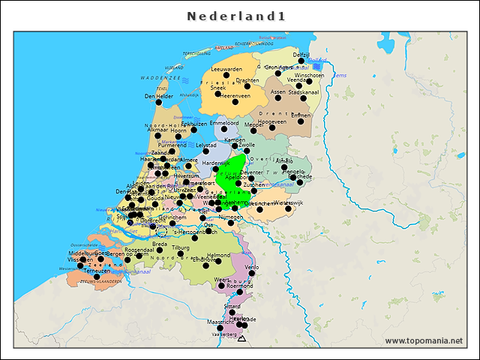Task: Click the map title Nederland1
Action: pyautogui.click(x=235, y=16)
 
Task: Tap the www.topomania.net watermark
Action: pyautogui.click(x=424, y=341)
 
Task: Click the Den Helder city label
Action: pyautogui.click(x=158, y=96)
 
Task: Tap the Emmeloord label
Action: pyautogui.click(x=224, y=122)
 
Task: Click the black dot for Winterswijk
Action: pyautogui.click(x=287, y=209)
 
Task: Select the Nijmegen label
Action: pyautogui.click(x=230, y=217)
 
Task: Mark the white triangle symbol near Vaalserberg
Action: pyautogui.click(x=241, y=339)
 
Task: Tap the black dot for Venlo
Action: pyautogui.click(x=252, y=274)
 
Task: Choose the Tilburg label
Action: pyautogui.click(x=181, y=247)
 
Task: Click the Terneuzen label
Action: pyautogui.click(x=96, y=271)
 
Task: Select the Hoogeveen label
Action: pyautogui.click(x=272, y=121)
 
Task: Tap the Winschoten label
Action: pyautogui.click(x=309, y=75)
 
